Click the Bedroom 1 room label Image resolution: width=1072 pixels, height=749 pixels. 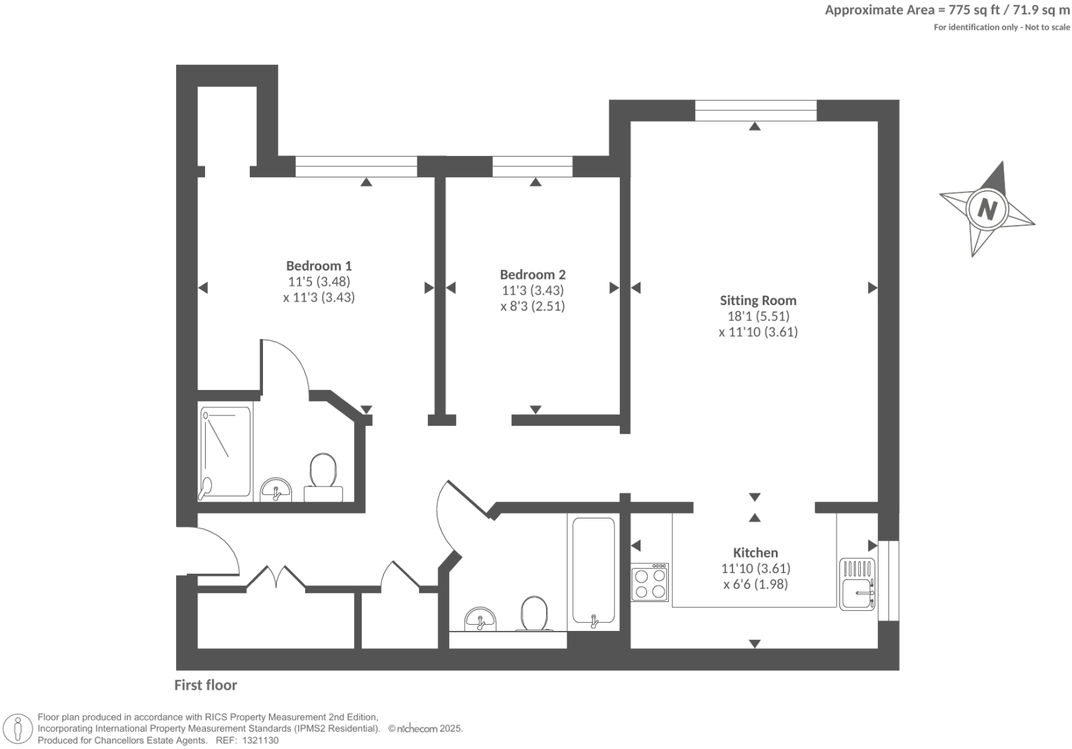point(319,266)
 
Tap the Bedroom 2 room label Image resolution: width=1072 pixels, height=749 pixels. point(532,275)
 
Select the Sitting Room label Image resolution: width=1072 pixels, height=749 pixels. point(758,300)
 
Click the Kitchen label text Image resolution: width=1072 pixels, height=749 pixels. point(755,552)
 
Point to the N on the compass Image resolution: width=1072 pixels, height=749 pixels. point(987,208)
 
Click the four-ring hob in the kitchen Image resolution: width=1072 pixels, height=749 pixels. point(650,583)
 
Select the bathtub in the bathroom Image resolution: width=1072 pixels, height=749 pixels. point(593,572)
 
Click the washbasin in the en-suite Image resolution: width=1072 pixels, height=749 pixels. point(276,489)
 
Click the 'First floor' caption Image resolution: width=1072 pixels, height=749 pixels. point(205,685)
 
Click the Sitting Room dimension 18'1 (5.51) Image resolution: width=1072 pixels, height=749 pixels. point(758,316)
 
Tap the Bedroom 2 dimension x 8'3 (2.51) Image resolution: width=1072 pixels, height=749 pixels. point(532,306)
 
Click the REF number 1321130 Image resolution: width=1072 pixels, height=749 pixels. point(257,740)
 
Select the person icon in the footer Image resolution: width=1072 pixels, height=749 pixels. point(18,729)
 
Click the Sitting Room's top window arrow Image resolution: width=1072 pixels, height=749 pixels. point(754,126)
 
